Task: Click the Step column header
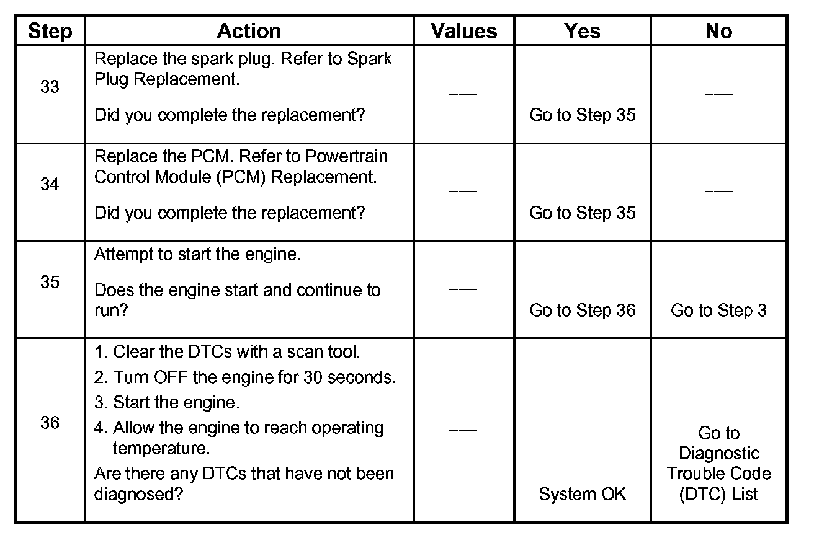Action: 50,31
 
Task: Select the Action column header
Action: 248,31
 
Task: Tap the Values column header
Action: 464,31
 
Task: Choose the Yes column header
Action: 582,31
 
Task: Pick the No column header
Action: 718,31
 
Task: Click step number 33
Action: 50,87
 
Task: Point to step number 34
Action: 50,185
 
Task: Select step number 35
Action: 50,282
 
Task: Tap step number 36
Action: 50,423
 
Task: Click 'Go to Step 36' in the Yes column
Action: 582,310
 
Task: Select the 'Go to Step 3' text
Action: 718,310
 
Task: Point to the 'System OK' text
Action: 582,494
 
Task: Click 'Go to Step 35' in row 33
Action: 582,115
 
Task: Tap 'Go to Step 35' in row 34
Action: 582,213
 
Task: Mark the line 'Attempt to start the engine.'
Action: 197,255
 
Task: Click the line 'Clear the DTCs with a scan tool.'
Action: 227,352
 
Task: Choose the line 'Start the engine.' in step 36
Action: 167,402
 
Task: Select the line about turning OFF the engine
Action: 245,377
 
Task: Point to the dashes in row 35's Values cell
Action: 463,289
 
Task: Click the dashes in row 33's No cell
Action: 718,94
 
